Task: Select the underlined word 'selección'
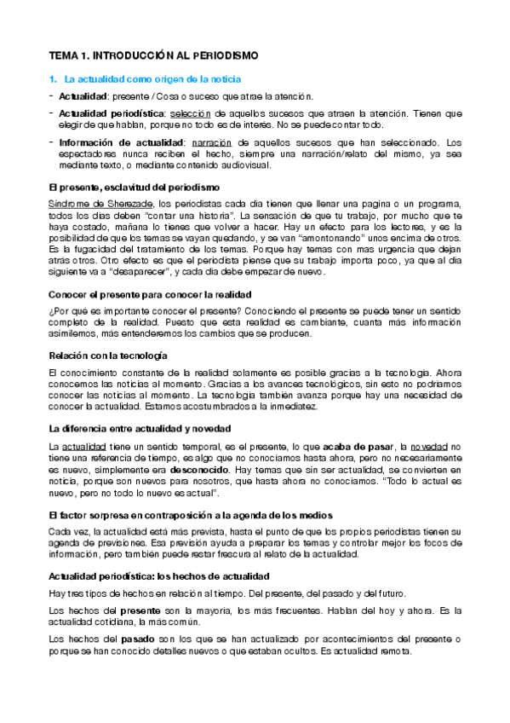pyautogui.click(x=190, y=113)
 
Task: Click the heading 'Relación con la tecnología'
pyautogui.click(x=107, y=354)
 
